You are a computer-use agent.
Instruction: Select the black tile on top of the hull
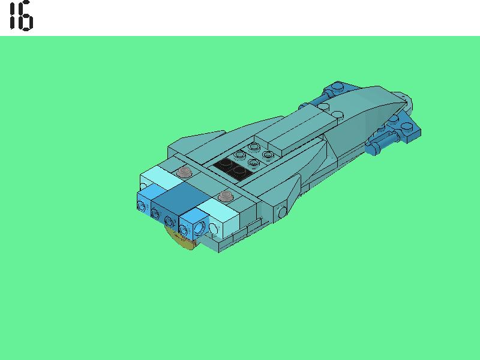[232, 167]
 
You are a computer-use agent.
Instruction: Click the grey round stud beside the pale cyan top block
[185, 173]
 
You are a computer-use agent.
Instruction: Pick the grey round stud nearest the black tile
[226, 196]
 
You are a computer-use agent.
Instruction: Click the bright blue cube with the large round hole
[194, 227]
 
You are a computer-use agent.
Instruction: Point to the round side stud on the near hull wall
[282, 211]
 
